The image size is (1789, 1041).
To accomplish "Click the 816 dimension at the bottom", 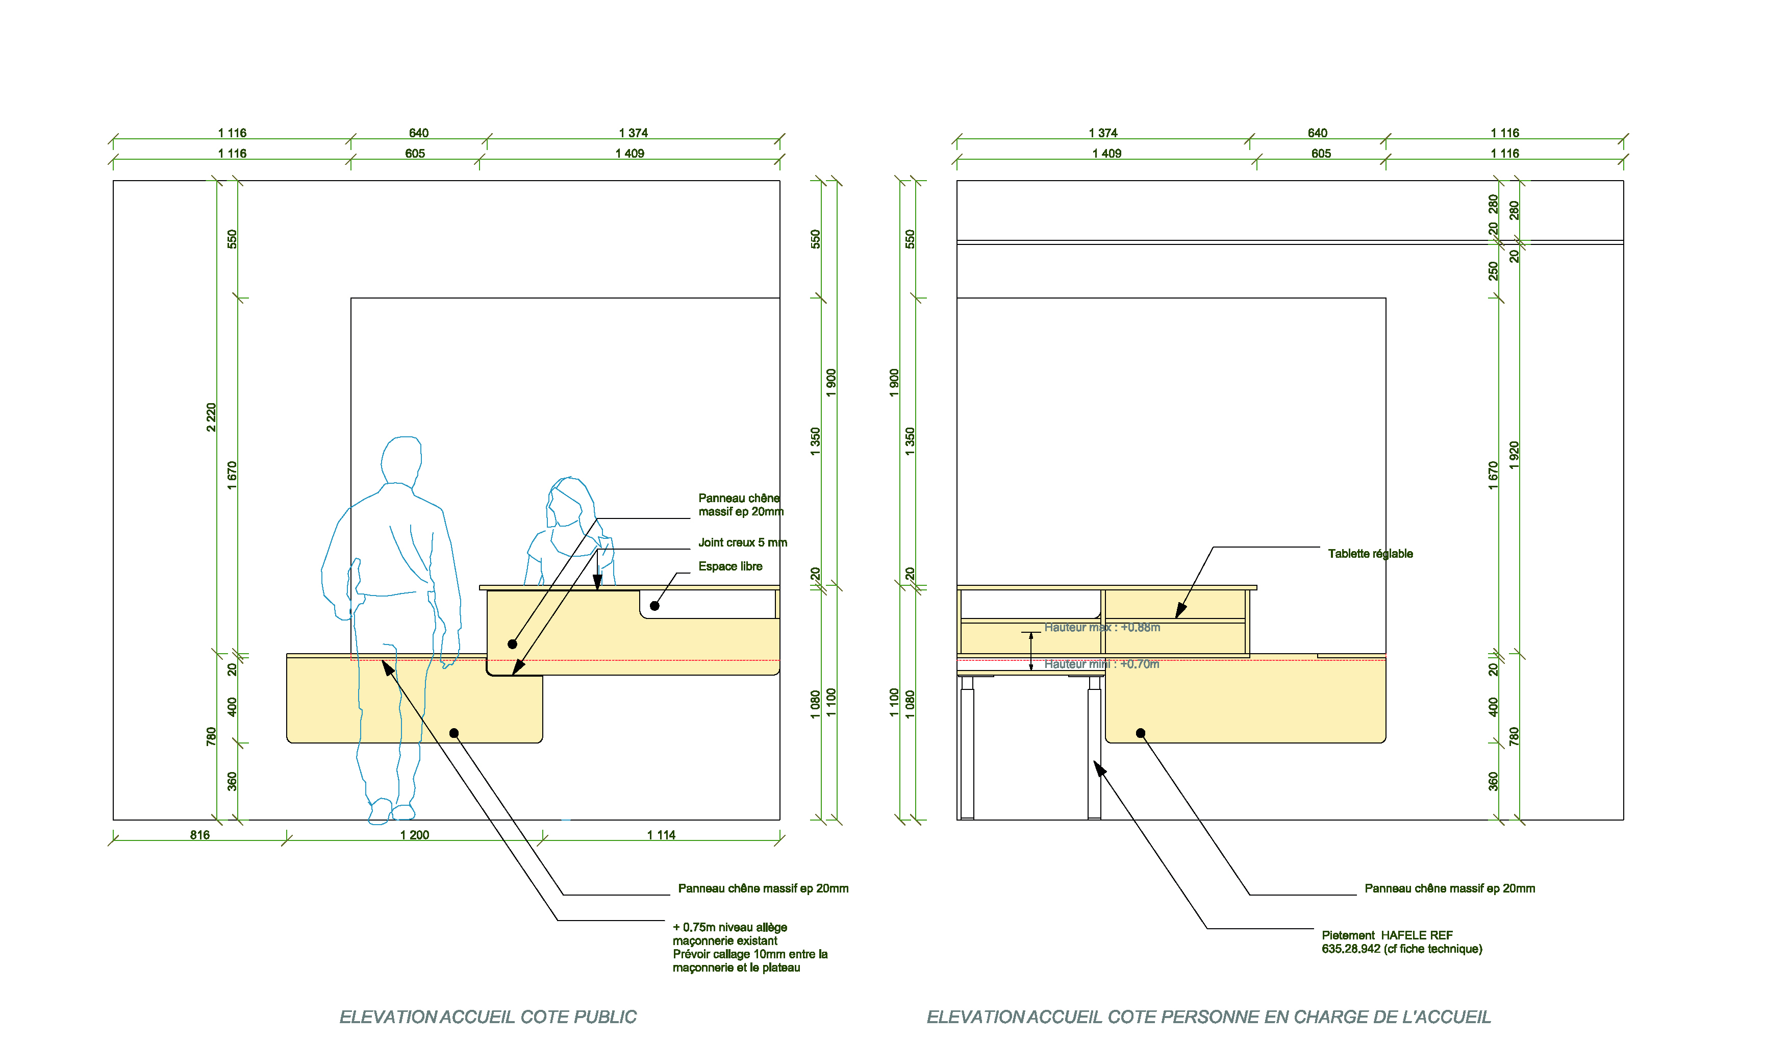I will click(x=199, y=835).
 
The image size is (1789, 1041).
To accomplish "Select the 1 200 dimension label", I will click(x=415, y=835).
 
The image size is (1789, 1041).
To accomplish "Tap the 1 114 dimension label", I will click(x=661, y=835).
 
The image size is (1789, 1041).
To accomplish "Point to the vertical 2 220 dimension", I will click(x=211, y=417).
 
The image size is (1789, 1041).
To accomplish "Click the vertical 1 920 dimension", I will click(x=1514, y=455).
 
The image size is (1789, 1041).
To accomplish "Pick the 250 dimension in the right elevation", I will click(x=1494, y=270).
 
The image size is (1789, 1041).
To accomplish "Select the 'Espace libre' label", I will click(x=730, y=566).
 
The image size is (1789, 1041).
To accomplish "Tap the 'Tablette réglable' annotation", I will click(x=1370, y=554).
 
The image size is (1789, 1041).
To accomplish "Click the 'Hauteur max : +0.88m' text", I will click(x=1102, y=627).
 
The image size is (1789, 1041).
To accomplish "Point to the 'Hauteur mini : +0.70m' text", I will click(x=1101, y=664).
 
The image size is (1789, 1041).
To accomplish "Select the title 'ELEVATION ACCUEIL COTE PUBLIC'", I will click(x=488, y=1017).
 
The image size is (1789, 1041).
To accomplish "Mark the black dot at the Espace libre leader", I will click(x=654, y=606).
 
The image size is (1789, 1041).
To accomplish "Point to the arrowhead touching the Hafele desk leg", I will click(x=1099, y=769).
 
